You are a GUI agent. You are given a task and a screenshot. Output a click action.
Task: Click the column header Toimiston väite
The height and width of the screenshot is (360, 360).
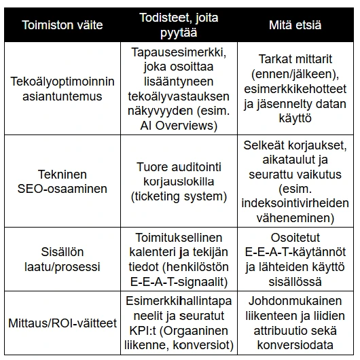tap(62, 25)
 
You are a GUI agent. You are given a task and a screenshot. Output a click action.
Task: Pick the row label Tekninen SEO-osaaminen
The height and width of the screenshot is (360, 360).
tap(62, 180)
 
